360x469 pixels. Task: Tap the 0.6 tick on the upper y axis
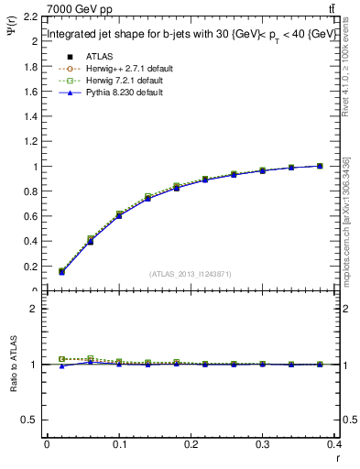pyautogui.click(x=31, y=216)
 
